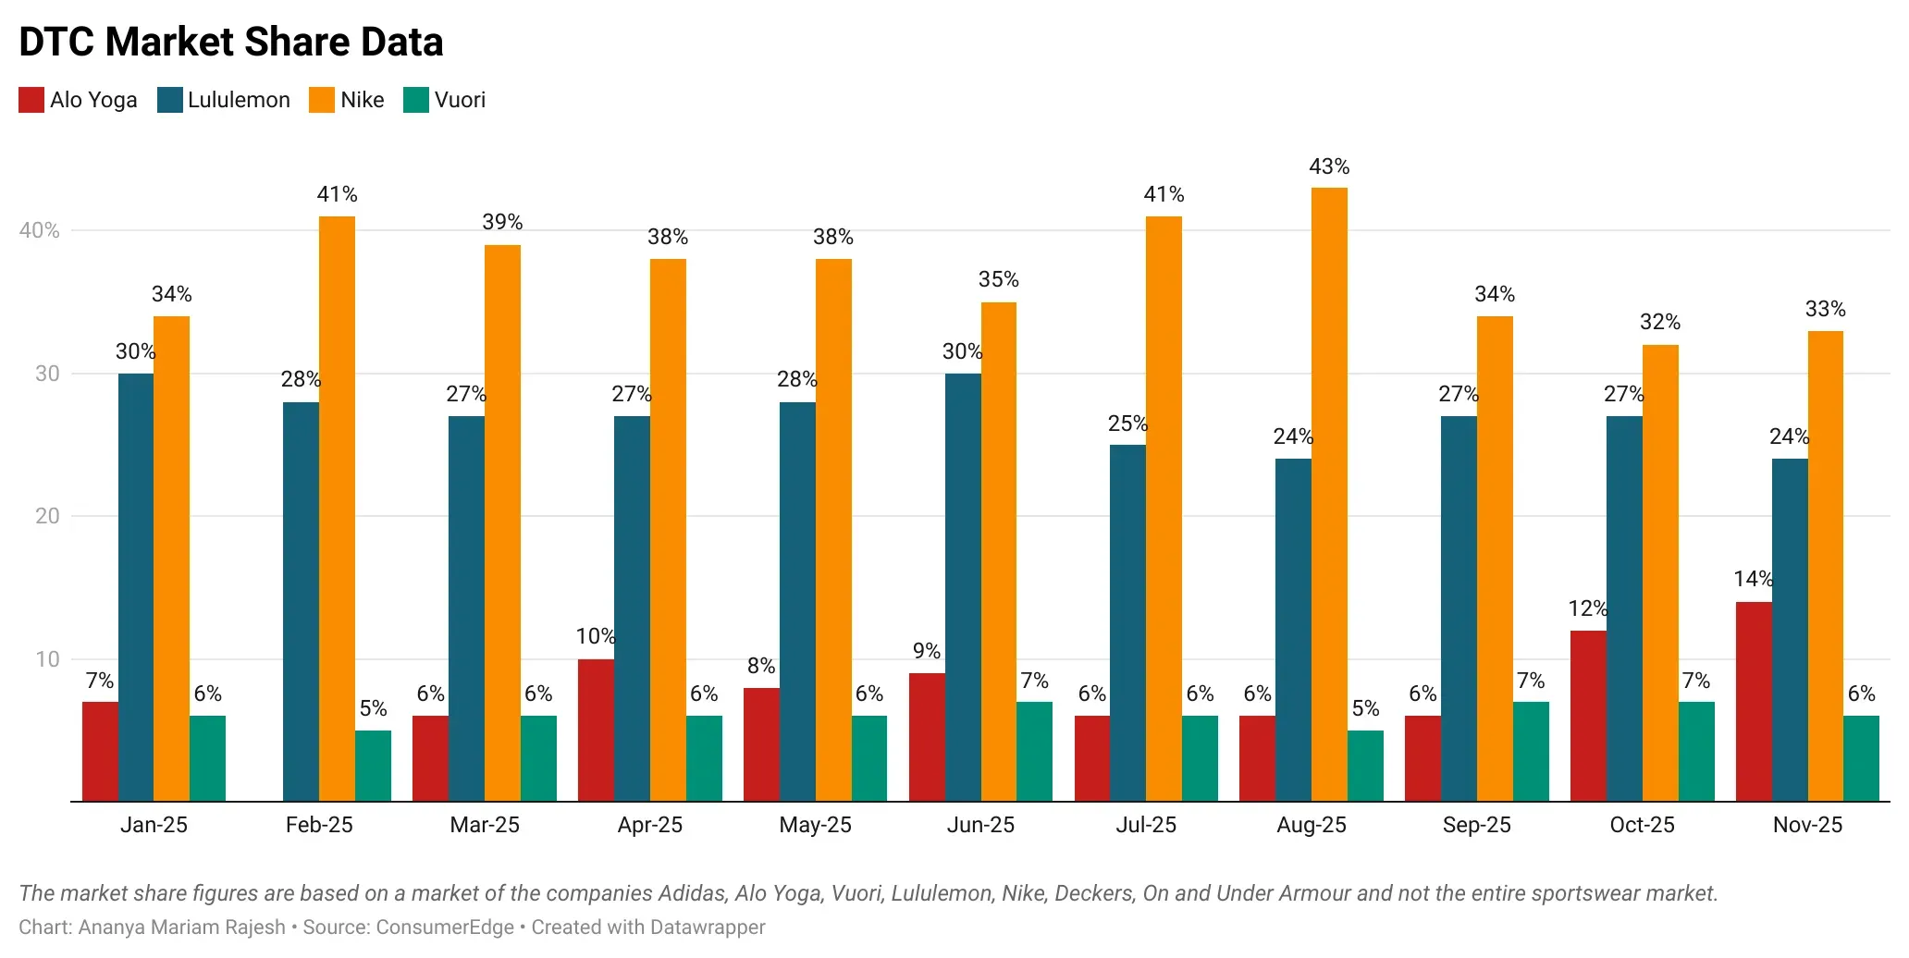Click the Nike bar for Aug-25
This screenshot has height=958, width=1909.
tap(1329, 495)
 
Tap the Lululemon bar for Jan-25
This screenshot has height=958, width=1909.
tap(136, 587)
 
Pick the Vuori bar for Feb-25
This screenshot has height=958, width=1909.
tap(373, 766)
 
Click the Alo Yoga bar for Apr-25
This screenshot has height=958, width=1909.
tap(596, 730)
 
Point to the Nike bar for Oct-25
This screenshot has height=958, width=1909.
tap(1660, 572)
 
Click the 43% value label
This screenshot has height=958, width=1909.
tap(1329, 166)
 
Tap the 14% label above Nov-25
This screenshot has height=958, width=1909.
tap(1753, 579)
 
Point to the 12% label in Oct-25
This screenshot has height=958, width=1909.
tap(1587, 608)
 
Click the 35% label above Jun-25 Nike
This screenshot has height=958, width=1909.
tap(998, 279)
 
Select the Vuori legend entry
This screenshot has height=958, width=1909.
tap(445, 100)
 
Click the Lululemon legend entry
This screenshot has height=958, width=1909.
tap(224, 100)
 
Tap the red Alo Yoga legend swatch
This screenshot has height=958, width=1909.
tap(31, 100)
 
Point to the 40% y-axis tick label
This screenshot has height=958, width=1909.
tap(40, 230)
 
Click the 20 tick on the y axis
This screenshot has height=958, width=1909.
tap(47, 516)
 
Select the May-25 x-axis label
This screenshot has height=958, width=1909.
tap(815, 825)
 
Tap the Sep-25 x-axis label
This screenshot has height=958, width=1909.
tap(1476, 825)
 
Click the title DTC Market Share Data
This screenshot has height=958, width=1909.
tap(231, 43)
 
